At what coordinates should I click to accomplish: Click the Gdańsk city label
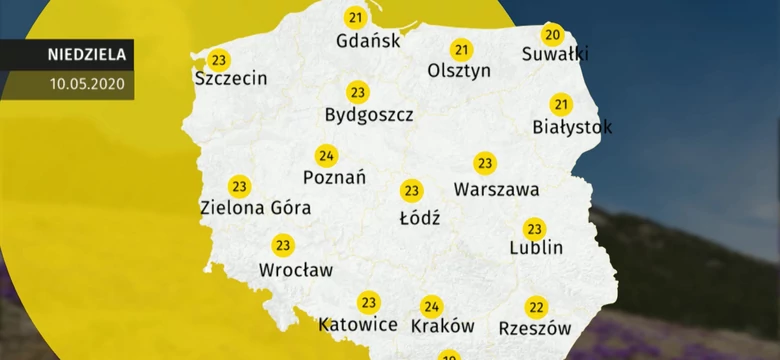pyautogui.click(x=369, y=41)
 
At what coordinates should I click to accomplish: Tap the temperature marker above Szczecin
pyautogui.click(x=219, y=59)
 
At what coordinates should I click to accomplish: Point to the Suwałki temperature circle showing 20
pyautogui.click(x=553, y=34)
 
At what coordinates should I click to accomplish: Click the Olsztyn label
pyautogui.click(x=459, y=71)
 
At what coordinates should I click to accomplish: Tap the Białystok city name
pyautogui.click(x=572, y=127)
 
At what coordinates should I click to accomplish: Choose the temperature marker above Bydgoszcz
pyautogui.click(x=357, y=92)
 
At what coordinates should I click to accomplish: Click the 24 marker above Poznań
pyautogui.click(x=325, y=155)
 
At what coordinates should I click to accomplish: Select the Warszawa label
pyautogui.click(x=496, y=188)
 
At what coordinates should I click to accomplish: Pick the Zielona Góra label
pyautogui.click(x=255, y=208)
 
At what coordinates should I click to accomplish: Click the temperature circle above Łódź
pyautogui.click(x=411, y=190)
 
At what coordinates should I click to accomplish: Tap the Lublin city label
pyautogui.click(x=536, y=247)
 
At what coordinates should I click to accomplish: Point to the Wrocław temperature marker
pyautogui.click(x=283, y=245)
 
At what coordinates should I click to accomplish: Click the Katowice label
pyautogui.click(x=357, y=325)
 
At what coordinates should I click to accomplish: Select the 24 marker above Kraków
pyautogui.click(x=431, y=306)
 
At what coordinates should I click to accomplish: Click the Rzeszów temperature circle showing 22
pyautogui.click(x=536, y=306)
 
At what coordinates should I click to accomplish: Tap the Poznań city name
pyautogui.click(x=333, y=177)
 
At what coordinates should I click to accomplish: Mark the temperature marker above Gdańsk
pyautogui.click(x=355, y=18)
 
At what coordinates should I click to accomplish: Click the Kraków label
pyautogui.click(x=441, y=326)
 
